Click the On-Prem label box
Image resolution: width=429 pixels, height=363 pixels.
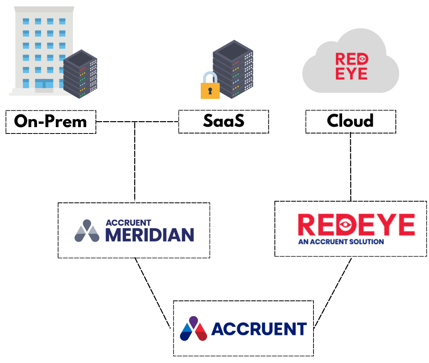(51, 122)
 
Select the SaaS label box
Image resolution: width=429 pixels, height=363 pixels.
(223, 122)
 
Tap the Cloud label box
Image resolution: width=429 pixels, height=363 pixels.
(351, 121)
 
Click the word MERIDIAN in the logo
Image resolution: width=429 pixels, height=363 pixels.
(149, 235)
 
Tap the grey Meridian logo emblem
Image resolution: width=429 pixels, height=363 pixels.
(87, 231)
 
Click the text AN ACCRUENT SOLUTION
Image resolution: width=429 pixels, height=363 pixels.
(341, 241)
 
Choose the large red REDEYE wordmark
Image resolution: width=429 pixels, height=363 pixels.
(356, 225)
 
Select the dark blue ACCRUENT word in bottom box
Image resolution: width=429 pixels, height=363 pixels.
(259, 329)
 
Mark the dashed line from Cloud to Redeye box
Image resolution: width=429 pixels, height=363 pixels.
(351, 167)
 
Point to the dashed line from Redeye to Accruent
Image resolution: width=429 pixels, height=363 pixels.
(333, 293)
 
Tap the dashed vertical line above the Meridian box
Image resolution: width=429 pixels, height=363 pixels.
(135, 163)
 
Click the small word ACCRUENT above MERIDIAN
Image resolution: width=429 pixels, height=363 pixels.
(128, 223)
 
